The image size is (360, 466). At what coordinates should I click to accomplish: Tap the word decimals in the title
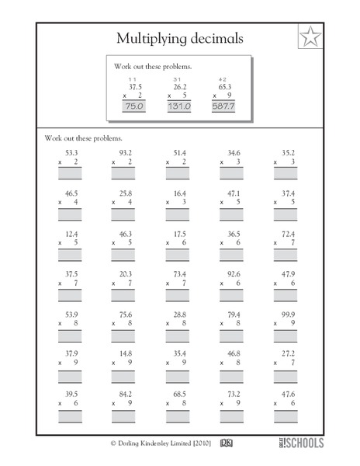[x=213, y=37]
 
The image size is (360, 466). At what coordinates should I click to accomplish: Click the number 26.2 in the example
[x=181, y=87]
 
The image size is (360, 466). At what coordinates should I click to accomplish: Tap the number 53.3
[x=71, y=153]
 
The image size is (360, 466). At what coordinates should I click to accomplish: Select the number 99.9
[x=287, y=315]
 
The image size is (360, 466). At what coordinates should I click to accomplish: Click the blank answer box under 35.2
[x=286, y=176]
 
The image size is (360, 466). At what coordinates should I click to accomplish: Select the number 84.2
[x=126, y=395]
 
